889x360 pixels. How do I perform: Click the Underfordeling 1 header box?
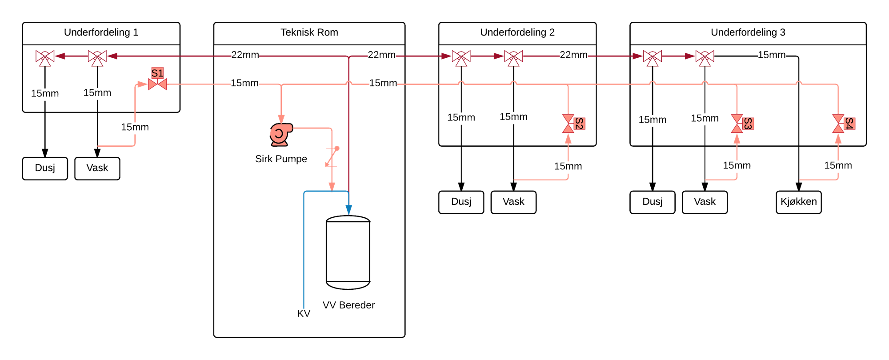tap(101, 33)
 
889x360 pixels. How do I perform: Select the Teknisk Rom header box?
tap(309, 33)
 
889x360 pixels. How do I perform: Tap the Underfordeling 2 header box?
tap(517, 33)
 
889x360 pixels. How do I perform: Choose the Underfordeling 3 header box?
tap(748, 33)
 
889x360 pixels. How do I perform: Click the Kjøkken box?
tap(798, 202)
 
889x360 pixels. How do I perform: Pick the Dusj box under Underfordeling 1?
tap(45, 168)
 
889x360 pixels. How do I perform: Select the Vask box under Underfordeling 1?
tap(97, 168)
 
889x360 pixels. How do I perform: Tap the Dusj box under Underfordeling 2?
tap(461, 202)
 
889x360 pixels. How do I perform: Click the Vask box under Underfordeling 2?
tap(513, 202)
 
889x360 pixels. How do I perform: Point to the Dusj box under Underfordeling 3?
tap(652, 202)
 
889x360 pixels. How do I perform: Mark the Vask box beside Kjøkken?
tap(705, 202)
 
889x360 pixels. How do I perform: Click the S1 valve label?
tap(157, 73)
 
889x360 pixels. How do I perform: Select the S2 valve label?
tap(579, 124)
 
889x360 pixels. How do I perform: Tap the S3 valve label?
tap(748, 124)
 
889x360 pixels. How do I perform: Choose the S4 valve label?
tap(849, 124)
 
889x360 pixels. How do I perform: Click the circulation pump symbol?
tap(280, 134)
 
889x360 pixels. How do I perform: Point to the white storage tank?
tap(348, 252)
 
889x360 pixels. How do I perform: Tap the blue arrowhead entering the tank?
tap(349, 210)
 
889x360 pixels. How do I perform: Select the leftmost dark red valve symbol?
tap(45, 57)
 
